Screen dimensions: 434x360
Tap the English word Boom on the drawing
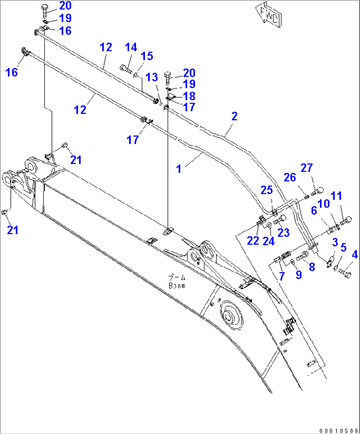177,286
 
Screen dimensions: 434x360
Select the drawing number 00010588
338,430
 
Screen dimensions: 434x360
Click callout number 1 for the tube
179,169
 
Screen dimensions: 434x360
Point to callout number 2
234,116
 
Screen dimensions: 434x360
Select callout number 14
131,47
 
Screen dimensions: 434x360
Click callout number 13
152,77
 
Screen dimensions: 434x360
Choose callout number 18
189,96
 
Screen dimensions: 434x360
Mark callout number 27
306,168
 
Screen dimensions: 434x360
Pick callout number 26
290,178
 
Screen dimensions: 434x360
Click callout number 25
267,190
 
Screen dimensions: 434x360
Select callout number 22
253,240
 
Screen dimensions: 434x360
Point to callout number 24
269,241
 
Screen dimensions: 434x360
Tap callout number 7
281,276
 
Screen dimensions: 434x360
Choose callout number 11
336,196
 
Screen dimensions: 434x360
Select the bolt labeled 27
317,191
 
